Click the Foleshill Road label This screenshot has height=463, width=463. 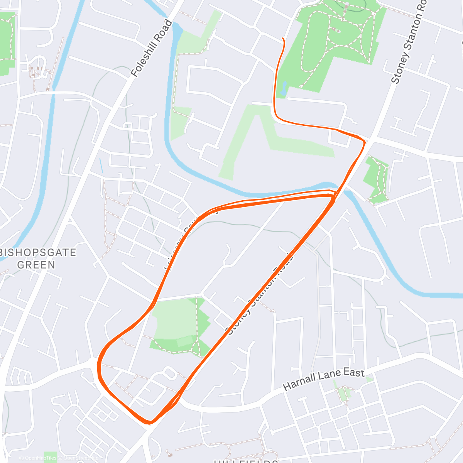152,49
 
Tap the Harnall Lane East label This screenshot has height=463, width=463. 324,380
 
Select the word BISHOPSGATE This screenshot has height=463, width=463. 39,253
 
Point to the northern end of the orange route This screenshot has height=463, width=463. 284,39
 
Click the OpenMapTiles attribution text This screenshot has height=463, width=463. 41,458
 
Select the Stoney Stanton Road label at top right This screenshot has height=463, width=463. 408,42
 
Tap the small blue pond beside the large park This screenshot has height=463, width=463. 284,89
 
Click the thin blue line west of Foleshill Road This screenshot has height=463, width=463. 101,166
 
